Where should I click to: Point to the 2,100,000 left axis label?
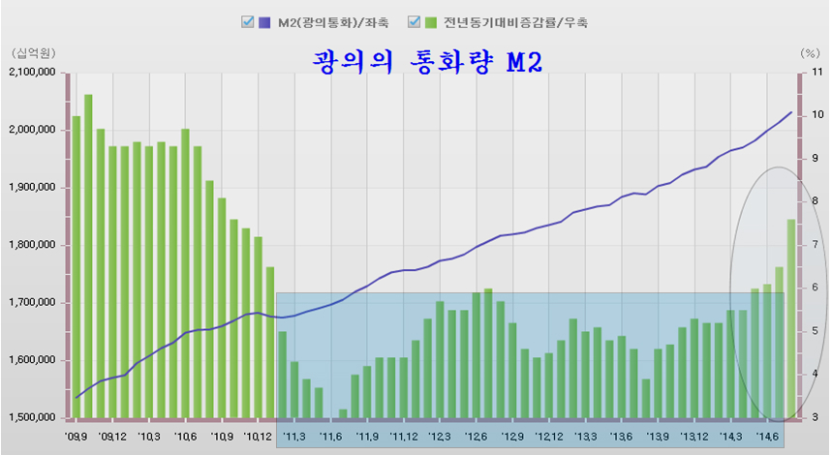tap(33, 73)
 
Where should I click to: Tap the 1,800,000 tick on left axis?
tap(33, 246)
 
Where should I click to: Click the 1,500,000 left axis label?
tap(33, 418)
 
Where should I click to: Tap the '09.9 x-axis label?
tap(77, 437)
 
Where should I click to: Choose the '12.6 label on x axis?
tap(477, 437)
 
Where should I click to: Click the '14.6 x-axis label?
tap(768, 437)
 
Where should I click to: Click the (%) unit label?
tap(810, 52)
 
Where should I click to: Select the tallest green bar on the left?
tap(88, 257)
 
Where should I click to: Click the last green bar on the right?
tap(791, 319)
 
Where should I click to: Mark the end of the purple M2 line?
tap(791, 112)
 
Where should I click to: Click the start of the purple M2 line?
tap(77, 398)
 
